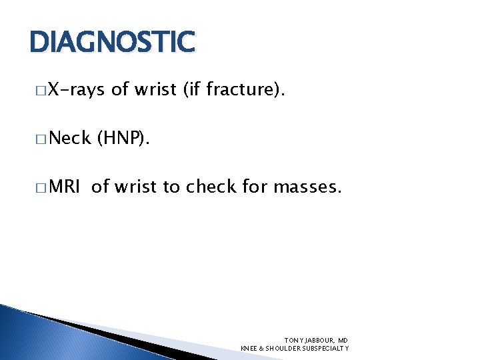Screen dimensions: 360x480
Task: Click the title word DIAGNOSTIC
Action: tap(112, 42)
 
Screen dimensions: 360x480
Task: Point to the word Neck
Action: tap(69, 138)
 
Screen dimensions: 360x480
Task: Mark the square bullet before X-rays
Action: tap(42, 91)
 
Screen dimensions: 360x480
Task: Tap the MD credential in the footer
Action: tap(343, 340)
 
